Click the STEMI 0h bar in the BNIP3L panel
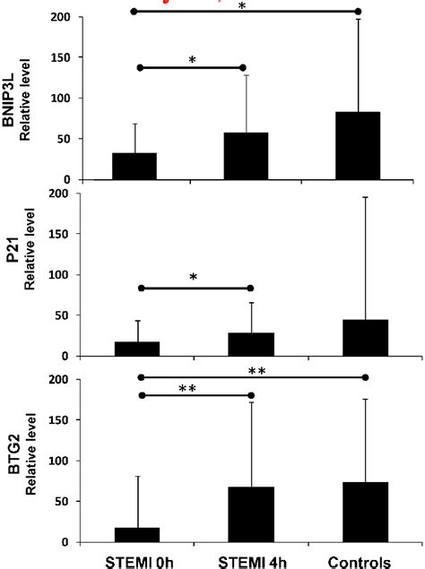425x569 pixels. click(134, 166)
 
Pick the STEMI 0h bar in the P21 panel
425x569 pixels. click(134, 349)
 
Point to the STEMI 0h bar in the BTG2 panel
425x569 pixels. click(137, 535)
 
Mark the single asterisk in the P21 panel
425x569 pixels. click(194, 277)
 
